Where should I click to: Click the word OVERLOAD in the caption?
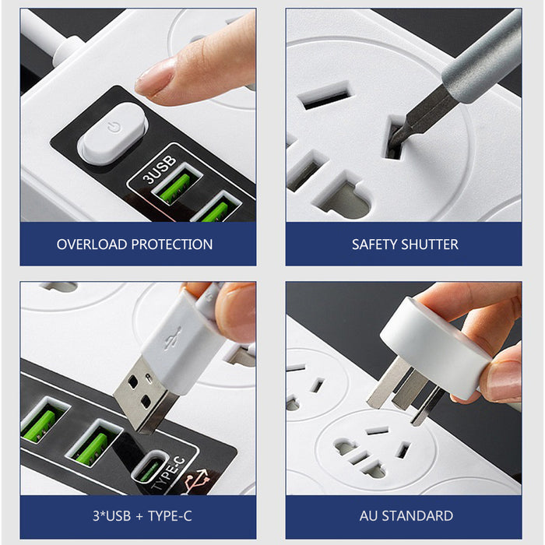coord(92,244)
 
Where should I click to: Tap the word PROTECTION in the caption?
coord(171,244)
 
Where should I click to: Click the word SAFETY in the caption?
coord(374,244)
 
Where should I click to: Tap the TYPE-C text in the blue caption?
coord(167,515)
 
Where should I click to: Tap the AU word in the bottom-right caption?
coord(370,515)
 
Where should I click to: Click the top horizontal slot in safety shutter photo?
coord(325,99)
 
